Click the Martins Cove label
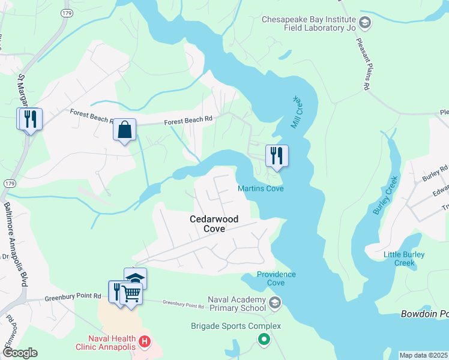pos(261,189)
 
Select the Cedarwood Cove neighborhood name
pos(214,224)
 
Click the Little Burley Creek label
pos(404,259)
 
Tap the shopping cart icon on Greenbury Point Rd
pos(131,293)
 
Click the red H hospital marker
pos(144,343)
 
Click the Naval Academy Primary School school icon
pos(275,302)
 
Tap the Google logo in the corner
pos(19,353)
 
